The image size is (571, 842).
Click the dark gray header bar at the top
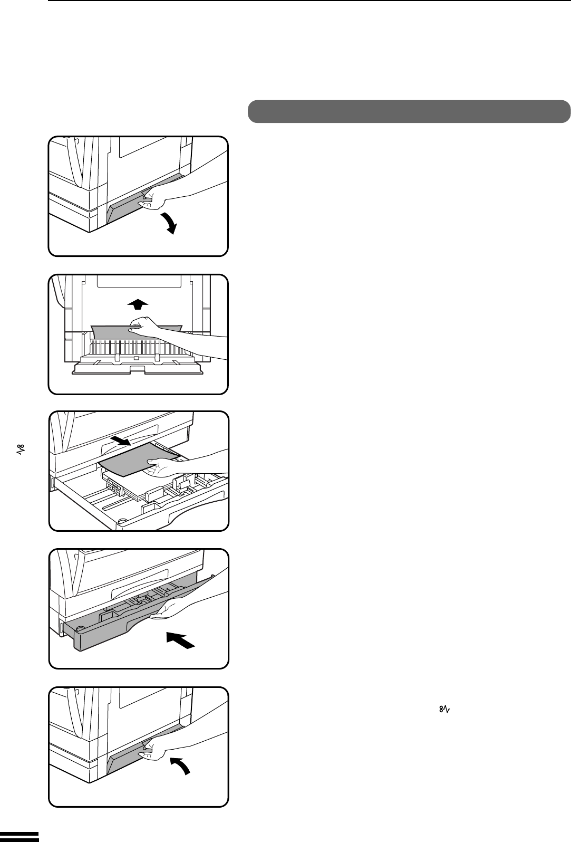(x=409, y=111)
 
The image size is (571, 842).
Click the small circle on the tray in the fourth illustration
(x=80, y=629)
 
